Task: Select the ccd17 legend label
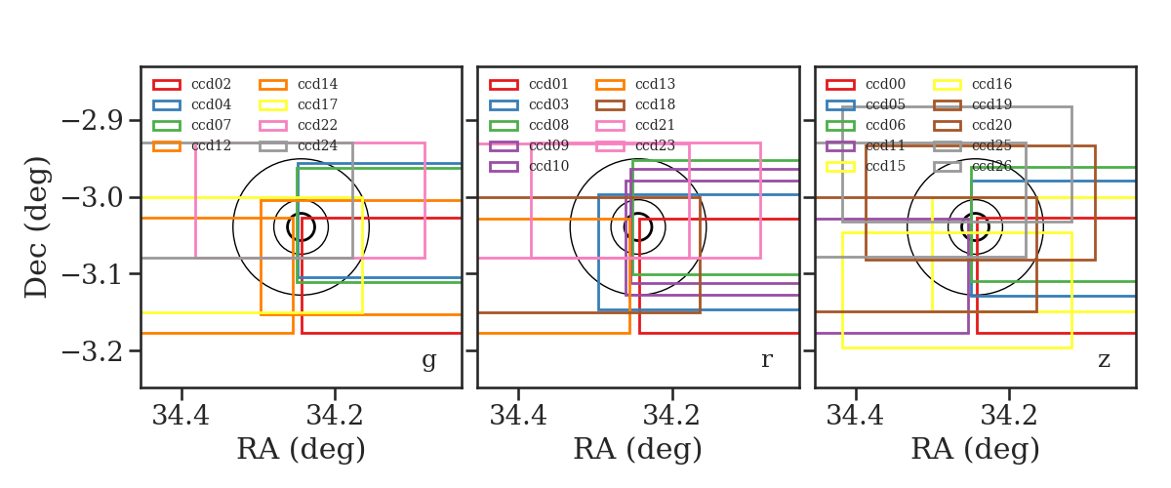[317, 104]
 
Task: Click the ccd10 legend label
[548, 166]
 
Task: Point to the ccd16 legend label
[991, 84]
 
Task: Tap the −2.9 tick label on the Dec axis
[93, 121]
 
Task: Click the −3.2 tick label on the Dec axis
[93, 351]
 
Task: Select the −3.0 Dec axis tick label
[93, 198]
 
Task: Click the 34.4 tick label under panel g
[181, 416]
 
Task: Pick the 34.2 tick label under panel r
[671, 416]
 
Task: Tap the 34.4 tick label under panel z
[855, 416]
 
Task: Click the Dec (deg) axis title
[37, 227]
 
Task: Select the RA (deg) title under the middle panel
[638, 449]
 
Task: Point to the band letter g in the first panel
[429, 361]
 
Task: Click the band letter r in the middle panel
[767, 359]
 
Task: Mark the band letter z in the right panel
[1104, 360]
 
